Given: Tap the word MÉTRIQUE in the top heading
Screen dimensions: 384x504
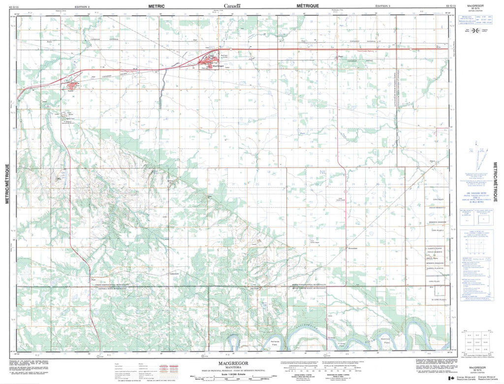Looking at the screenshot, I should (x=308, y=5).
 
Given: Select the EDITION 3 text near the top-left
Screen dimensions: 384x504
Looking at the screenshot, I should (x=81, y=6).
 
